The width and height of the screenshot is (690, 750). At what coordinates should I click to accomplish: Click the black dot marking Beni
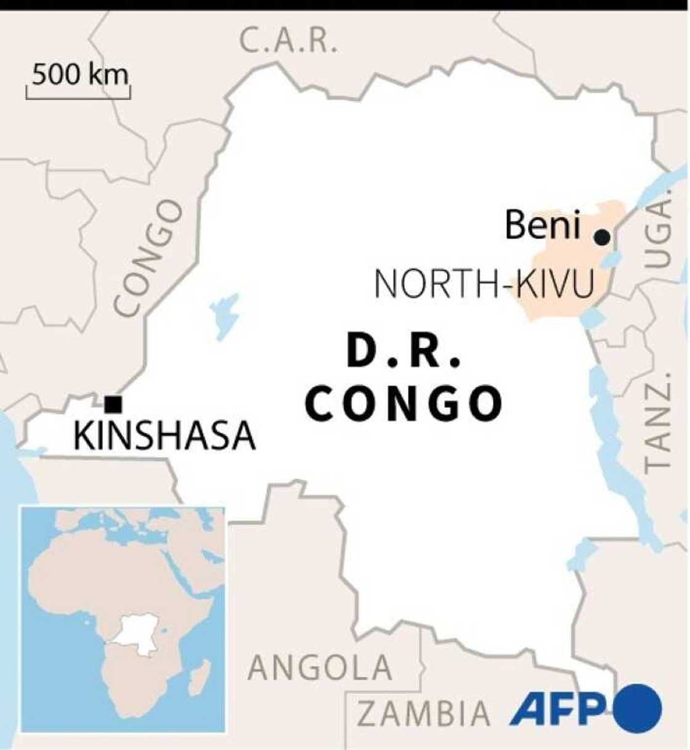[602, 237]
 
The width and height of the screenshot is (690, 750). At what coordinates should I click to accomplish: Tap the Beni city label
[543, 225]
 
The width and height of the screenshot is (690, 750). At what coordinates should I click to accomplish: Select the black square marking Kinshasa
[113, 404]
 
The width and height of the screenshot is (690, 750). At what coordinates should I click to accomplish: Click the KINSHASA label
[164, 436]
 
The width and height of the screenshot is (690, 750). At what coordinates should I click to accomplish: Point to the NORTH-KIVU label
[484, 285]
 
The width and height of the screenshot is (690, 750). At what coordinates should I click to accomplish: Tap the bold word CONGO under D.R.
[404, 404]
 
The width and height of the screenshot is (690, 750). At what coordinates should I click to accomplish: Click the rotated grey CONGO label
[148, 258]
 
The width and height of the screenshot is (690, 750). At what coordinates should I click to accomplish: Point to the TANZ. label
[657, 422]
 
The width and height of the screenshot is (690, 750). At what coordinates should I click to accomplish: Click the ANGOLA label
[320, 667]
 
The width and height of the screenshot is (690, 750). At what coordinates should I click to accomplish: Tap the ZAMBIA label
[424, 714]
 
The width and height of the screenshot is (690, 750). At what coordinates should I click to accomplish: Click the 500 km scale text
[80, 75]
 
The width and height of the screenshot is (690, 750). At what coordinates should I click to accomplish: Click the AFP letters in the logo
[558, 709]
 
